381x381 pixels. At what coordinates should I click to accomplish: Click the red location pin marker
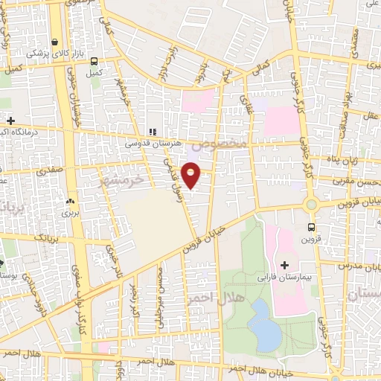click(x=191, y=174)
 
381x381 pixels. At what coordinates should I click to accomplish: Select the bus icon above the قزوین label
click(x=311, y=228)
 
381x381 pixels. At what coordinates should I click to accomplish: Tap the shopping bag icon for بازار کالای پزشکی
click(x=55, y=42)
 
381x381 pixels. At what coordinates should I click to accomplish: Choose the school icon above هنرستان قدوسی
click(x=152, y=132)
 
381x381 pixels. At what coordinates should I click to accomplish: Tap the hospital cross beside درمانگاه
click(x=11, y=121)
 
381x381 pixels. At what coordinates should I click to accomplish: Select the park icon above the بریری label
click(x=71, y=201)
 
